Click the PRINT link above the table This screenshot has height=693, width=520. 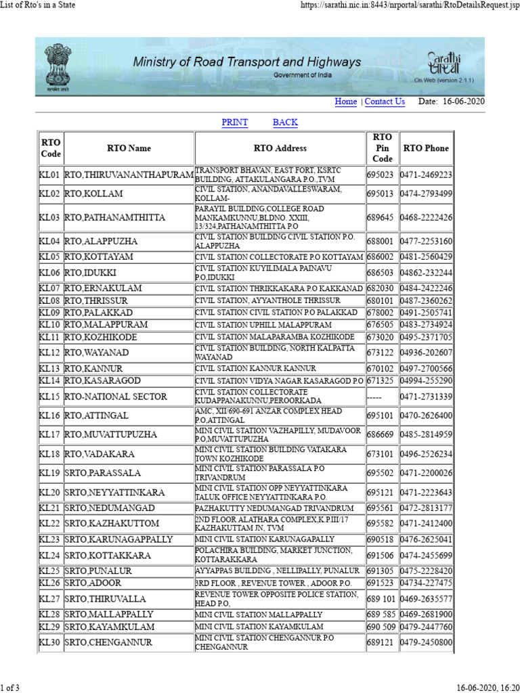point(235,122)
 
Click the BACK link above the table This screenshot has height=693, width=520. point(285,122)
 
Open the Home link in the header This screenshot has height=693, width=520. point(346,102)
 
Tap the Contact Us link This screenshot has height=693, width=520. point(385,102)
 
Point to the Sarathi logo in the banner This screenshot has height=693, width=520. point(445,64)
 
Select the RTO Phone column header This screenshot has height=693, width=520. point(426,148)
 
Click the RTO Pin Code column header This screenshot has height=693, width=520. point(383,148)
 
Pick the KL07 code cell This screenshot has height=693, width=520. point(50,288)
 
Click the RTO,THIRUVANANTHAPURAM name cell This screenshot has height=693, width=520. point(129,175)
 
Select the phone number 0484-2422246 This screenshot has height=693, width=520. point(426,288)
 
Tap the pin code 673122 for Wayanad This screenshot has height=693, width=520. point(382,353)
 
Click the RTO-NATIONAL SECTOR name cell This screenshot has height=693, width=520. point(129,396)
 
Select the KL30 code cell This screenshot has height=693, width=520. point(50,642)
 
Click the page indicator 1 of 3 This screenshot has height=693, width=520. point(10,688)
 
